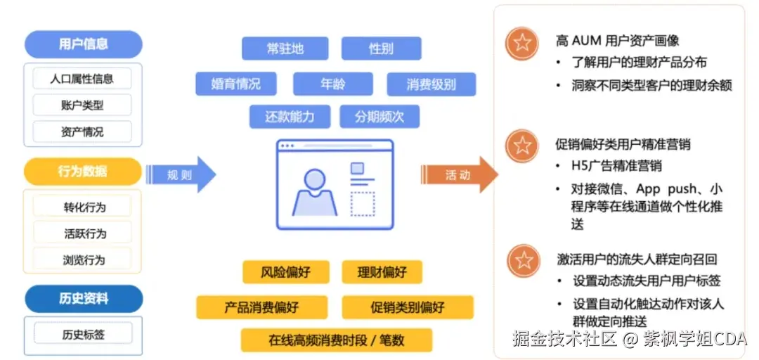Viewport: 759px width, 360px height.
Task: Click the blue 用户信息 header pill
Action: click(x=83, y=44)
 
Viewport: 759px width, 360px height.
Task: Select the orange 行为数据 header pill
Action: click(x=83, y=171)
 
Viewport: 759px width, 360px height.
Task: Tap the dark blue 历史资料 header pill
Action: click(x=83, y=298)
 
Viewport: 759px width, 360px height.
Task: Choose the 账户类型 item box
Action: click(x=82, y=105)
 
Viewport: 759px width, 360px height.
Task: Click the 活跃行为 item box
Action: click(x=83, y=233)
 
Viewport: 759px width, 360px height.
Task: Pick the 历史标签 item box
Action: click(x=83, y=335)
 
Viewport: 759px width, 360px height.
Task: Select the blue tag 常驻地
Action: click(x=285, y=49)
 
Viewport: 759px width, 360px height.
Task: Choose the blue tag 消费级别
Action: click(x=431, y=84)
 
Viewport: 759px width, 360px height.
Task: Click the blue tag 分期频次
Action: click(x=379, y=117)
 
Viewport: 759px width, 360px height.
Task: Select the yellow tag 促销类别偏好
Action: click(x=408, y=307)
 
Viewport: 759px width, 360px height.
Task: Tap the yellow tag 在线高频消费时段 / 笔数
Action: click(x=336, y=340)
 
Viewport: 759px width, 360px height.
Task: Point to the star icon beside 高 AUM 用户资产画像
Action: click(x=522, y=43)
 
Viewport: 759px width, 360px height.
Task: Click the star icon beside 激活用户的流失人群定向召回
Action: click(x=522, y=260)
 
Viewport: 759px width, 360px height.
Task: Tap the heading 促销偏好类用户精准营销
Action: click(x=623, y=144)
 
